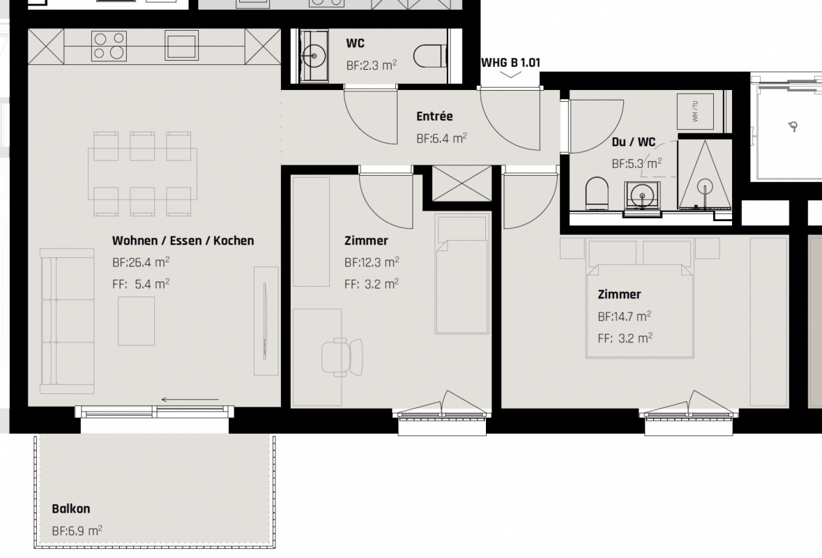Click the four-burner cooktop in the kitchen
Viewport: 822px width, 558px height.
(x=109, y=45)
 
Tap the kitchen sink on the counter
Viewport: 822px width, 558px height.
(x=182, y=45)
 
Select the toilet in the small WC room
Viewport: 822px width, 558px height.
(x=431, y=56)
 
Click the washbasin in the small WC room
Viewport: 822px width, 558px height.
(x=314, y=56)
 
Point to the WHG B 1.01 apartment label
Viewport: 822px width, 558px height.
(x=510, y=62)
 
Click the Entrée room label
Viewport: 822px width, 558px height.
(x=434, y=116)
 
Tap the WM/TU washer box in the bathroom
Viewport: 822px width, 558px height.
(x=695, y=111)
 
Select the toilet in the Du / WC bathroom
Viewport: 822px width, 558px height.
(x=598, y=193)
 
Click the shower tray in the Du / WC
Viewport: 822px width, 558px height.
(x=705, y=174)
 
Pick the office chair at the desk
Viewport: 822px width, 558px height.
(x=341, y=356)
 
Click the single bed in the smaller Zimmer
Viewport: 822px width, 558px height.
(x=462, y=273)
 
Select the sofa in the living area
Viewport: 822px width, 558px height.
(x=67, y=321)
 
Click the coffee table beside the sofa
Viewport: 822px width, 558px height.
(x=136, y=321)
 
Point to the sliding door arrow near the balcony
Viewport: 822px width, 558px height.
(x=190, y=400)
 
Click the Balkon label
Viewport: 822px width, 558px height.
(x=71, y=508)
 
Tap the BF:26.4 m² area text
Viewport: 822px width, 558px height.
(x=141, y=262)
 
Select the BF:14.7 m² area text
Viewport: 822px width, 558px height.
(x=625, y=316)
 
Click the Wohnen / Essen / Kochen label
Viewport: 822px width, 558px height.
(x=183, y=241)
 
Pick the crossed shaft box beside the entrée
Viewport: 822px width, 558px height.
(x=462, y=183)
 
